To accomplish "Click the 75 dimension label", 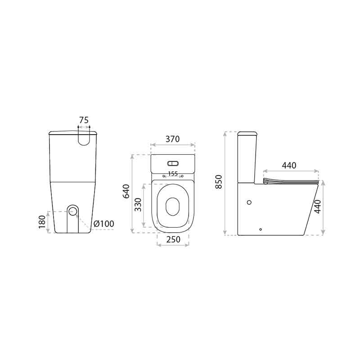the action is click(84, 120).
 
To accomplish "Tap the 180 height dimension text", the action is click(42, 222).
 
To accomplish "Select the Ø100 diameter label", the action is click(104, 224).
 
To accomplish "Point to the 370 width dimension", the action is click(172, 139).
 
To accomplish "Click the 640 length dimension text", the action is click(126, 191).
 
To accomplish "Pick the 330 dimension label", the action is click(138, 205).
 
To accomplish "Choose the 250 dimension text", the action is click(173, 239).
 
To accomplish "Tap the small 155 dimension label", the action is click(173, 174).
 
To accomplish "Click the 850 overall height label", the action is click(219, 182).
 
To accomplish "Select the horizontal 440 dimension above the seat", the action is click(289, 165).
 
